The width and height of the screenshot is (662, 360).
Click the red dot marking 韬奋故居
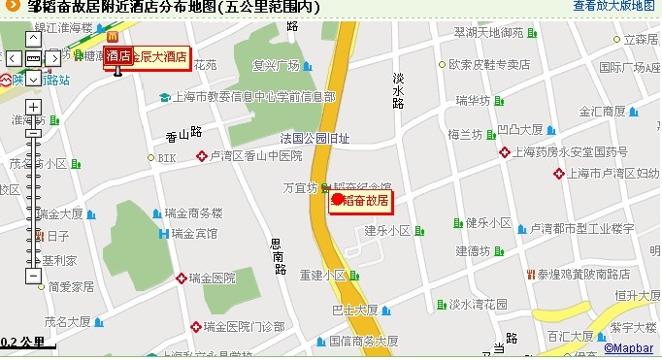point(338,200)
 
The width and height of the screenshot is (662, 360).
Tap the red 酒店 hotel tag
point(118,54)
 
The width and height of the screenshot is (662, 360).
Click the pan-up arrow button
point(33,40)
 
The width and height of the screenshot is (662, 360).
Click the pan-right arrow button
point(52,58)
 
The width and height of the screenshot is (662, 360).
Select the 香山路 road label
point(182,134)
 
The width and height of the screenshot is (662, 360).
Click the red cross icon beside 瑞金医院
point(182,278)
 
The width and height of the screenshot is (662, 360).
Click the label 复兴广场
point(276,67)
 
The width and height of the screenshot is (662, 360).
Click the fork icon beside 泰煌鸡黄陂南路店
point(530,275)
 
